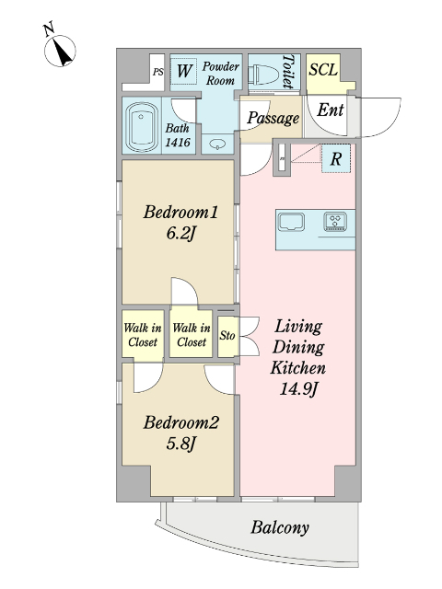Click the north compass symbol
60,51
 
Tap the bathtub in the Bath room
142,125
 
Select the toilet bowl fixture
266,73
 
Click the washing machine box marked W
184,71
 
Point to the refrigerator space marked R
335,158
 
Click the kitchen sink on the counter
291,223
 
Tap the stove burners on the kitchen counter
335,222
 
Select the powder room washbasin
217,144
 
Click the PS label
158,72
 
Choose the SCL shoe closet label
323,70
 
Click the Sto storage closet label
227,335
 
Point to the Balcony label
280,527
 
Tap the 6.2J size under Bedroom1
180,234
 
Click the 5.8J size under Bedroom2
180,444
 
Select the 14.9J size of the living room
298,388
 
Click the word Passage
273,119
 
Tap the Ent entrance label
331,110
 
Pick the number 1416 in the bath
178,142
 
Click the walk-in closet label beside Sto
192,335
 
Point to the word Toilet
288,72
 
